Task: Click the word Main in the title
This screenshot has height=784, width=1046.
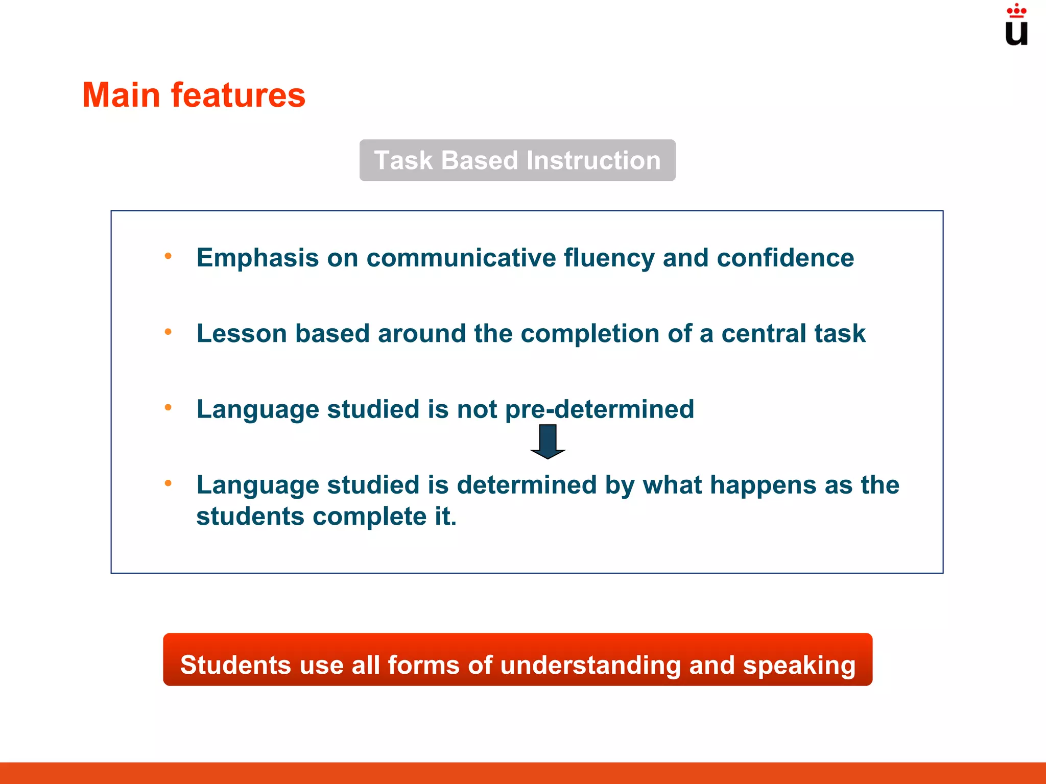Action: [x=122, y=95]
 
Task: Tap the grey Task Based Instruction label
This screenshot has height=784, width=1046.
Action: [x=517, y=160]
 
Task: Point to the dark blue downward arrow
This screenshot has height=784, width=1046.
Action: [x=548, y=441]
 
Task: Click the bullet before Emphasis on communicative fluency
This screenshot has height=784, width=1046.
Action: [x=168, y=256]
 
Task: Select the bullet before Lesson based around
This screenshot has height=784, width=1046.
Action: [x=168, y=332]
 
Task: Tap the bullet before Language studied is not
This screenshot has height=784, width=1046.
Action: [x=168, y=407]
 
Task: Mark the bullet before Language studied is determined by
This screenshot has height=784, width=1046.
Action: [x=168, y=483]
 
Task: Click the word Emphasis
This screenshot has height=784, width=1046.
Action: [x=257, y=258]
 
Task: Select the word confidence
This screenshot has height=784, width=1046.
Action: [x=785, y=258]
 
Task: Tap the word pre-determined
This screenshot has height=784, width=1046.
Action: [x=600, y=410]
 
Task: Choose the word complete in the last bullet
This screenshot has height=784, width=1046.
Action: [x=369, y=517]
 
